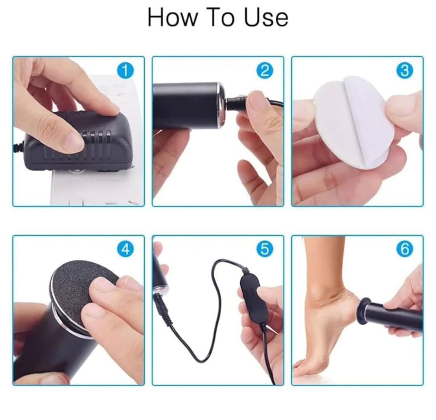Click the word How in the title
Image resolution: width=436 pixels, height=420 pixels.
coord(172,17)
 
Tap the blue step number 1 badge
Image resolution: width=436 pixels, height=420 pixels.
coord(125,71)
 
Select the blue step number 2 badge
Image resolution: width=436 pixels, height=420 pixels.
coord(265,71)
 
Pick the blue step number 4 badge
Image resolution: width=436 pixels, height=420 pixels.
coord(125,248)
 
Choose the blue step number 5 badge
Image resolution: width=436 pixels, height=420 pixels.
coord(265,248)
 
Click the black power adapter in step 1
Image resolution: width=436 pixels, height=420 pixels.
coord(81,142)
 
